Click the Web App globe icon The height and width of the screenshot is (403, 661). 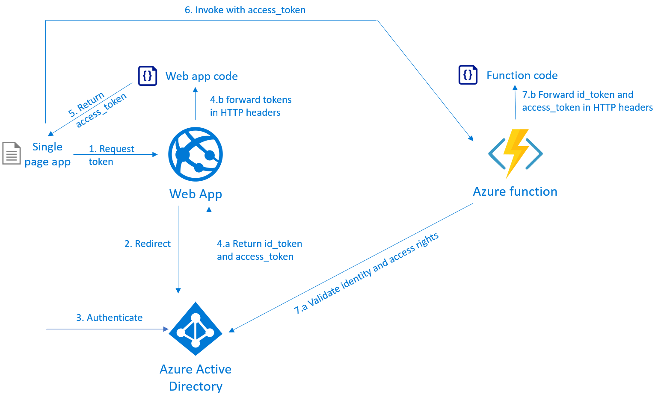click(196, 154)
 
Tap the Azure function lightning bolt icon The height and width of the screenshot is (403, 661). click(515, 153)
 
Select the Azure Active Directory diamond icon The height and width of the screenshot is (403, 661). click(196, 329)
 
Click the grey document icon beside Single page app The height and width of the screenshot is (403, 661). click(12, 153)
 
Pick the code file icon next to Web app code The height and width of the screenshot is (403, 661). click(148, 76)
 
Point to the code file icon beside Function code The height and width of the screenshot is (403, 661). click(468, 75)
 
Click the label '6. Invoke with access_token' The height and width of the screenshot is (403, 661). click(245, 10)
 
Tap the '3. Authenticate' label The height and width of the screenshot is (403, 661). click(109, 318)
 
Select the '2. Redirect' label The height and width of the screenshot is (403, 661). click(147, 244)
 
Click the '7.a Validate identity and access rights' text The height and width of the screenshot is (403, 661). click(366, 273)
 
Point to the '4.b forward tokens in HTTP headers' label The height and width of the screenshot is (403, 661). click(251, 106)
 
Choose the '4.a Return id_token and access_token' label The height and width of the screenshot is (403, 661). click(259, 250)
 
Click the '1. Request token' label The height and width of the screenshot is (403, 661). click(112, 155)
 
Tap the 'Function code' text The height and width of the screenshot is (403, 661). click(522, 75)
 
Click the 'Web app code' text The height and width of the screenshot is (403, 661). click(202, 76)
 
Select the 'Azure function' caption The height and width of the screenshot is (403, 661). click(515, 191)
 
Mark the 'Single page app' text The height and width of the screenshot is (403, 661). click(47, 154)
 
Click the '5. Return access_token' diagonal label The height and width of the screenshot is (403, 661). click(97, 109)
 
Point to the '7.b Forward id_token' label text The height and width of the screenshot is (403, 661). click(578, 94)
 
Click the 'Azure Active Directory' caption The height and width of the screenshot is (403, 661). click(196, 378)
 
